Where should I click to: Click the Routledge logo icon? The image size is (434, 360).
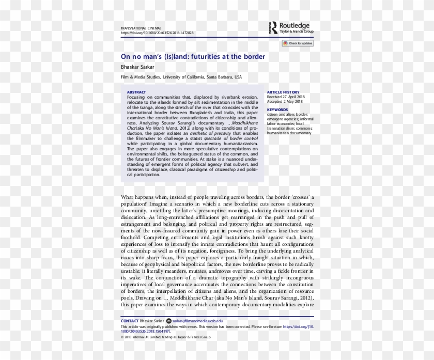click(x=273, y=27)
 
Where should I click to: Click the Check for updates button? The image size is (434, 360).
click(x=298, y=43)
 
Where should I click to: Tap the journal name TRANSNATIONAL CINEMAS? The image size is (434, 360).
click(x=141, y=27)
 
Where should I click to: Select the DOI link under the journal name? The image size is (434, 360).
click(x=157, y=33)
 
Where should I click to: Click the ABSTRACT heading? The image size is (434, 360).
click(x=136, y=92)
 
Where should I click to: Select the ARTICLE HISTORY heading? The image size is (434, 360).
click(x=283, y=92)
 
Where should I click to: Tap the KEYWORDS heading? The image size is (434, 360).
click(x=277, y=109)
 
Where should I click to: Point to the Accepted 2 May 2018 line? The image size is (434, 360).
click(x=285, y=101)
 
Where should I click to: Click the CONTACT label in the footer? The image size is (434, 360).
click(x=129, y=321)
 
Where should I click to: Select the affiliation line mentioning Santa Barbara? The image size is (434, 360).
click(x=181, y=77)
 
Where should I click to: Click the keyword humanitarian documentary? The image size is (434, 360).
click(x=289, y=133)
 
